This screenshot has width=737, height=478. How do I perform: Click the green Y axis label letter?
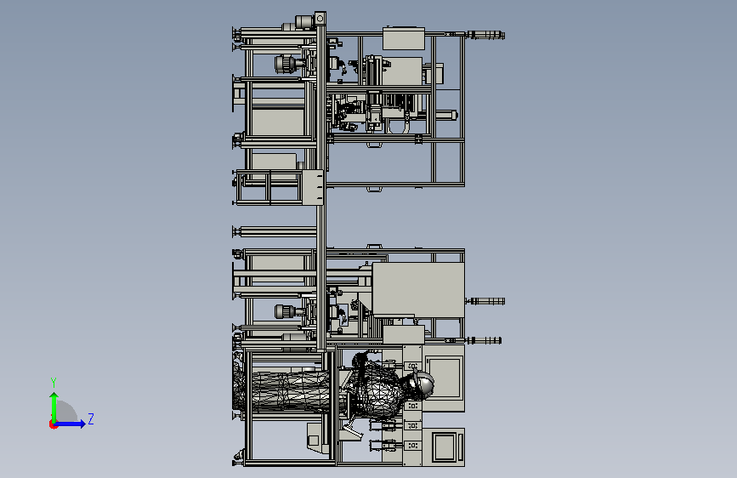click(54, 382)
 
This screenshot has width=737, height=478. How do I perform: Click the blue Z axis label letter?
click(91, 418)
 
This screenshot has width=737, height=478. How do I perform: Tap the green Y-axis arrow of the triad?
click(54, 407)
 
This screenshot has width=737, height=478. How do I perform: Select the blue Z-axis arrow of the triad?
click(70, 424)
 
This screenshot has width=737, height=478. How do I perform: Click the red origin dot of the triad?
click(53, 424)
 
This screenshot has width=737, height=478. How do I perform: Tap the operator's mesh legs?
click(286, 391)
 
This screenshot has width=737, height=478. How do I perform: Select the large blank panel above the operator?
click(418, 289)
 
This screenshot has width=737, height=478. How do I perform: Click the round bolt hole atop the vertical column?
click(320, 19)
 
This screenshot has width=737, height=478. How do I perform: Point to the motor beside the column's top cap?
click(303, 21)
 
